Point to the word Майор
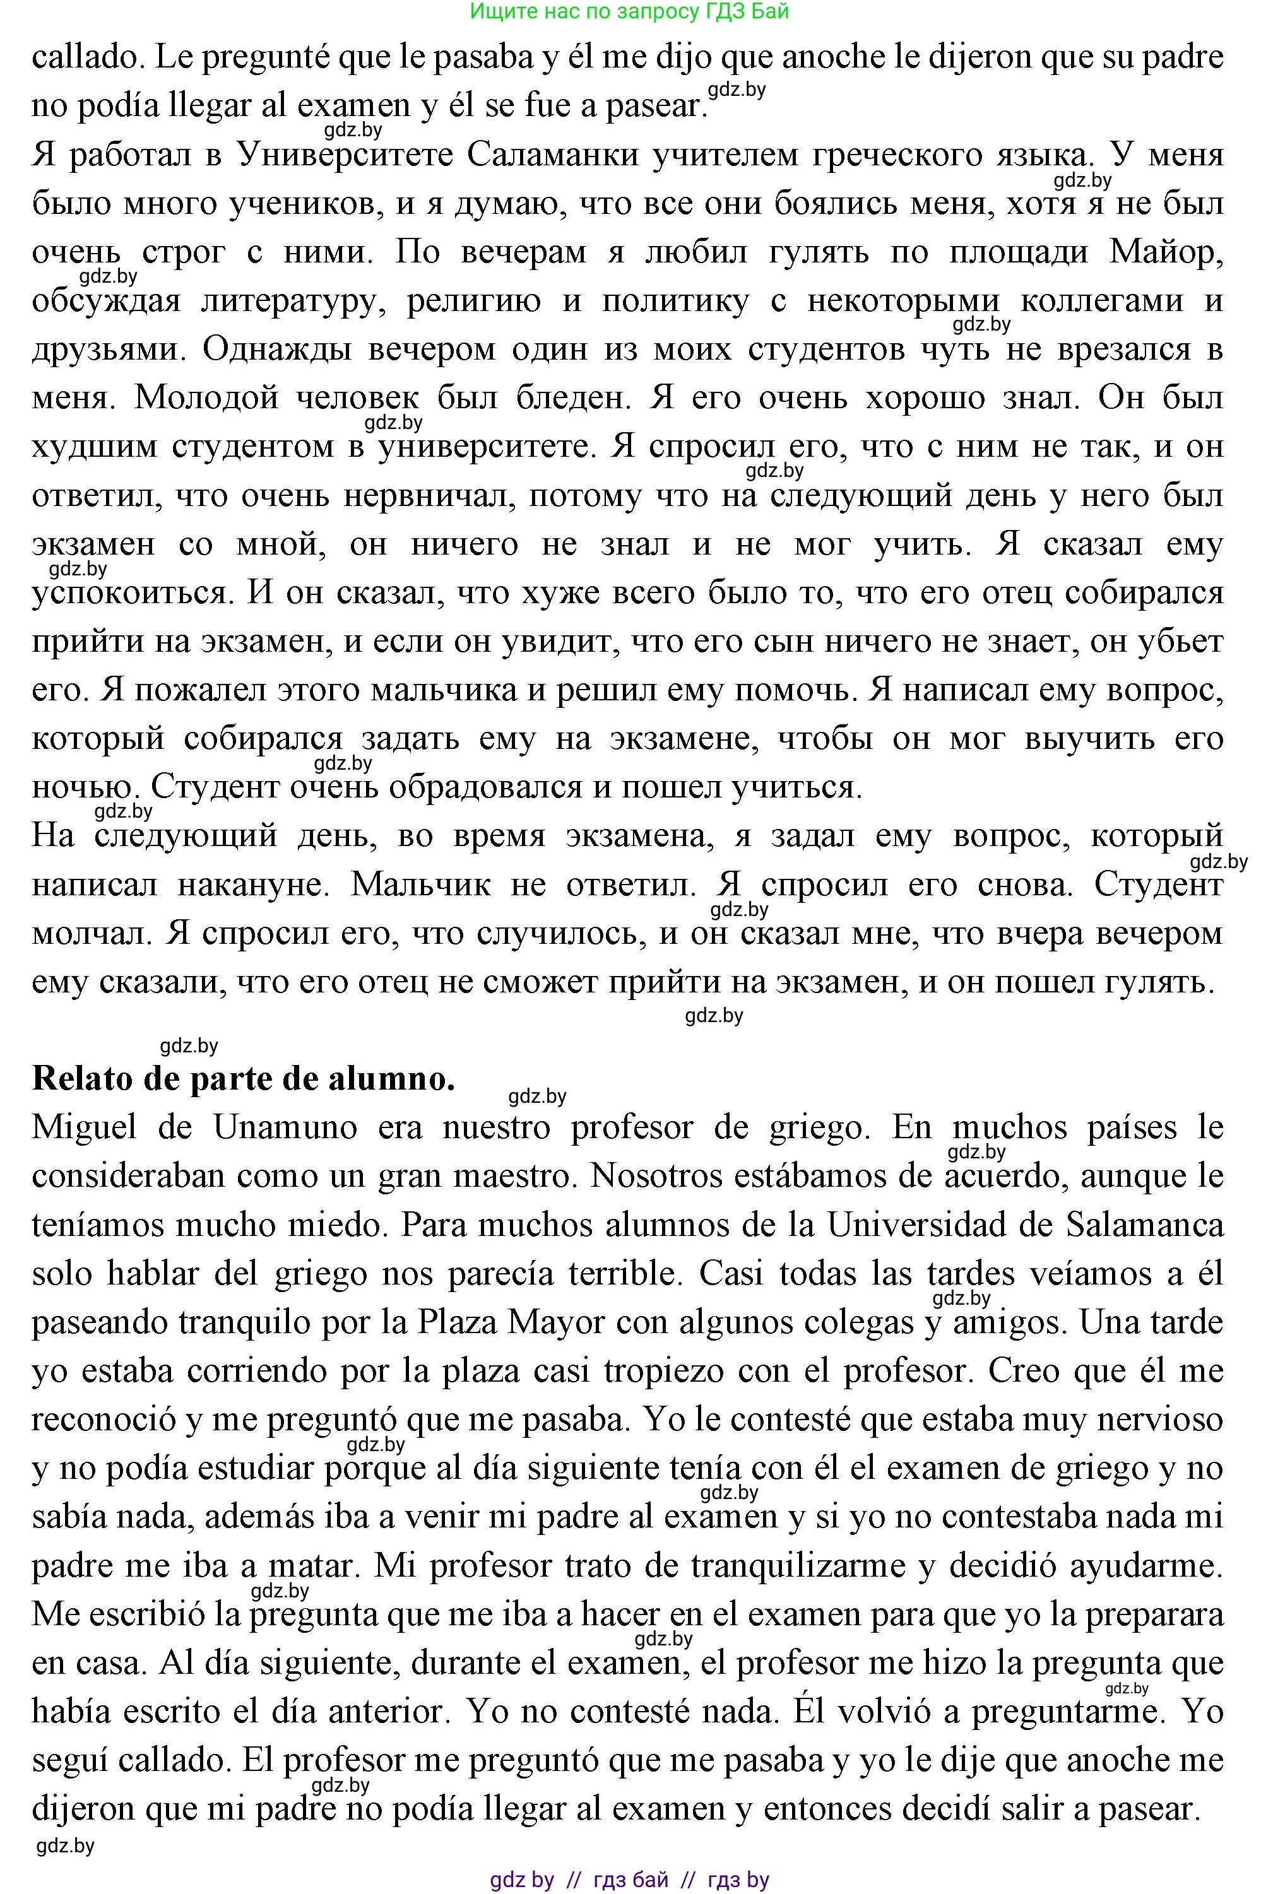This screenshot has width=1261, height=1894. (1166, 252)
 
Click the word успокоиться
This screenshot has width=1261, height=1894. (133, 593)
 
